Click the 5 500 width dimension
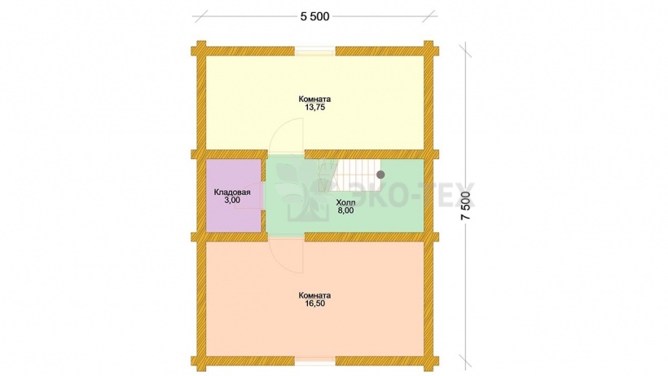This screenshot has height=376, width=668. tap(314, 16)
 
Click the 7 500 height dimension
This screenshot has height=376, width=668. tap(467, 206)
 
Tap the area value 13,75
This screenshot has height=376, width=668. tap(314, 108)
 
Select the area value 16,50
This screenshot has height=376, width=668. tap(314, 303)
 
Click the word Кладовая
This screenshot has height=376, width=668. tap(231, 192)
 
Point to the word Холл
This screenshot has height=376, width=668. tap(345, 202)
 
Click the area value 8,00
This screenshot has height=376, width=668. tap(345, 210)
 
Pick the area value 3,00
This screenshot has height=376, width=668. tap(232, 201)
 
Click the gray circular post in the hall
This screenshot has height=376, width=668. tap(380, 175)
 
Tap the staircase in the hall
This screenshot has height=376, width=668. tap(349, 175)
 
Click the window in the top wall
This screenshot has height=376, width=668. tap(315, 51)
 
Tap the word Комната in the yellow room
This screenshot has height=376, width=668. tap(314, 100)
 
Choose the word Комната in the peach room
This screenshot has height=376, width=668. tap(314, 295)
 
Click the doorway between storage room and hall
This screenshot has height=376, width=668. tap(263, 196)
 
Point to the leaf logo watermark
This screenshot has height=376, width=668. tap(301, 188)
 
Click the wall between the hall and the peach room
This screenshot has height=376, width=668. tap(364, 237)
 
